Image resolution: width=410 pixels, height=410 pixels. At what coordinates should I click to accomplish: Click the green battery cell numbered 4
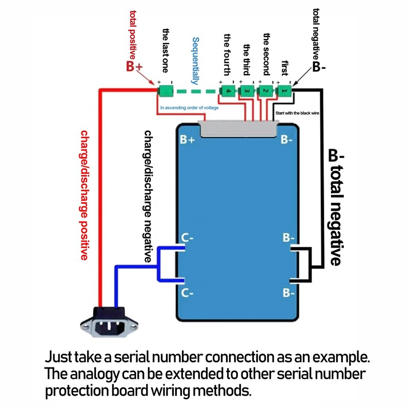click(228, 91)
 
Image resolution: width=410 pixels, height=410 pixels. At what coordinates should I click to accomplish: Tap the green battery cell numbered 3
click(247, 91)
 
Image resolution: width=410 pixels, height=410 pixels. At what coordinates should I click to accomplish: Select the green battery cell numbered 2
click(265, 91)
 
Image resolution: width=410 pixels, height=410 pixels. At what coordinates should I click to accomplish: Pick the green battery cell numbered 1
click(284, 91)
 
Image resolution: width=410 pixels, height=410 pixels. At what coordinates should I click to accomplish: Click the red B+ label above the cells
click(134, 67)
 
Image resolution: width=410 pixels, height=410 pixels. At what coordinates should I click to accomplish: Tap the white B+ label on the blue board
click(188, 140)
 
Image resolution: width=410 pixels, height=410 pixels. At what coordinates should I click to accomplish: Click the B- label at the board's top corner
click(288, 140)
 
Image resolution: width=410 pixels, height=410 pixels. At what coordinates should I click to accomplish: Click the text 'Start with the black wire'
click(297, 112)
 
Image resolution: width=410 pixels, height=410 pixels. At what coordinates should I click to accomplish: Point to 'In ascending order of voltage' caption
click(189, 108)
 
